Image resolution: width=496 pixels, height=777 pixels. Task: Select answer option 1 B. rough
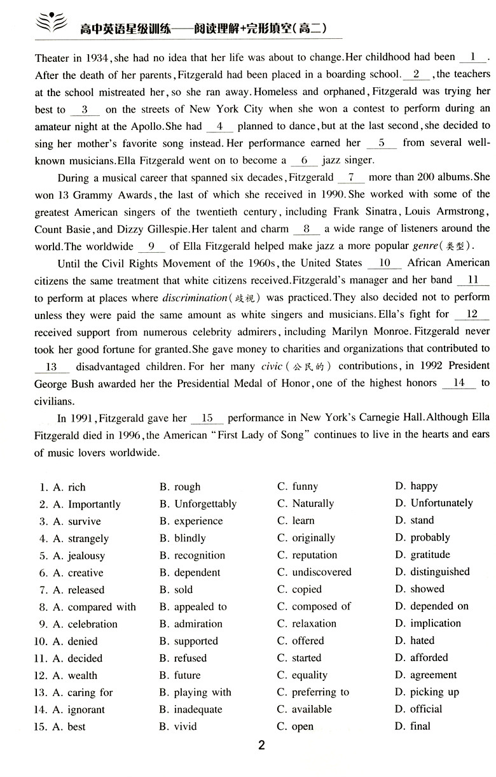(x=179, y=487)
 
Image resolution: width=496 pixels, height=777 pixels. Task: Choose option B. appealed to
(x=193, y=607)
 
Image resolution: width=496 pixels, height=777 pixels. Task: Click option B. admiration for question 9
(x=191, y=624)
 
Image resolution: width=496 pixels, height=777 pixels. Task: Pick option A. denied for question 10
(x=76, y=641)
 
